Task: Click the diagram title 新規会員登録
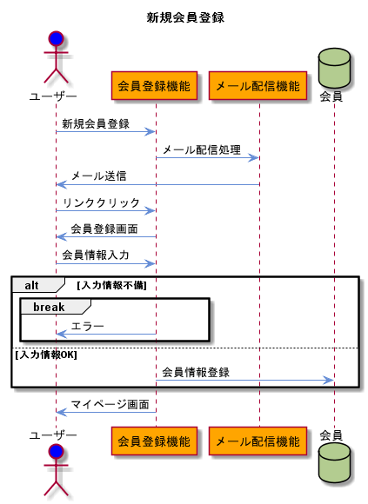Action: (x=185, y=17)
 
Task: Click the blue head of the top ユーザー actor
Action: (x=57, y=39)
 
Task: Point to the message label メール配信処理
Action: (x=201, y=149)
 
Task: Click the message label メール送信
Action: (x=98, y=176)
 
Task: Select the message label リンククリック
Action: (x=101, y=202)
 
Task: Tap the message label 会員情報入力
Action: (x=96, y=255)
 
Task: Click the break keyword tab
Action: (x=49, y=307)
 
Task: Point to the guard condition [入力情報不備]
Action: (x=111, y=285)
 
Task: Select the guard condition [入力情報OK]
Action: (x=45, y=354)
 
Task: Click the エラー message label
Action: (x=87, y=327)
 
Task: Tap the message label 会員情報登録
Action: (x=196, y=372)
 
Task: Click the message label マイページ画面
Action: (x=110, y=404)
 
